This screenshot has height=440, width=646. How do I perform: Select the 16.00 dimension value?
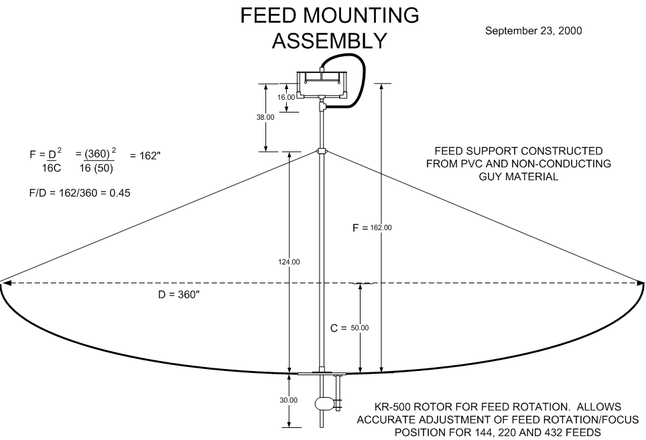coord(286,97)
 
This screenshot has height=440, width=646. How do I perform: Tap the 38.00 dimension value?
coord(265,117)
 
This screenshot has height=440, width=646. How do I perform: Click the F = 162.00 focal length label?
coord(373,228)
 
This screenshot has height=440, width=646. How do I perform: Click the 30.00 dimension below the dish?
coord(288,400)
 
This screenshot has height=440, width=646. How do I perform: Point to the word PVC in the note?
coord(493,163)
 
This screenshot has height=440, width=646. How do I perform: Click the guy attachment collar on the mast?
coord(322,152)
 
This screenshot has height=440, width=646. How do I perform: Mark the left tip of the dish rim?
coord(2,283)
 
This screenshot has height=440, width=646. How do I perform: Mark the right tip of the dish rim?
coord(643,283)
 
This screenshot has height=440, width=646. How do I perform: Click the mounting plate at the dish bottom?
coord(322,374)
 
